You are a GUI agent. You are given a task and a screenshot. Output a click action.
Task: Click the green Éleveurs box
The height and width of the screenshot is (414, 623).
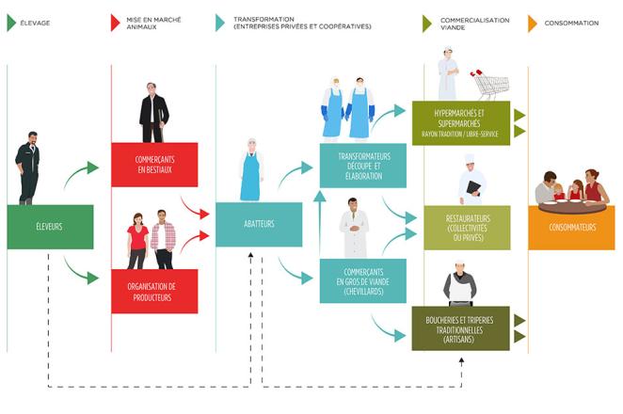click(50, 227)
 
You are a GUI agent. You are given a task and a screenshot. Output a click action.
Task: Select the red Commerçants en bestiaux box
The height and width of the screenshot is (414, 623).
click(154, 165)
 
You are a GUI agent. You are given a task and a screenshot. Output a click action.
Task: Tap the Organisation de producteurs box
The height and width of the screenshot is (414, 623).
click(154, 291)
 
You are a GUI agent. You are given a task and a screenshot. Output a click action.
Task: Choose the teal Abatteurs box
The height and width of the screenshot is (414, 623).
click(259, 225)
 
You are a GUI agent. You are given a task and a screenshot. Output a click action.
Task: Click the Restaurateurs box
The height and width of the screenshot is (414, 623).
click(459, 227)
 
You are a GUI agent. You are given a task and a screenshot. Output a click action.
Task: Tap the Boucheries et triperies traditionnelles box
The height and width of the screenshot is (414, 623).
click(459, 327)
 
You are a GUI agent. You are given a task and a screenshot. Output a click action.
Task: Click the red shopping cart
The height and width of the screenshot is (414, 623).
click(486, 84)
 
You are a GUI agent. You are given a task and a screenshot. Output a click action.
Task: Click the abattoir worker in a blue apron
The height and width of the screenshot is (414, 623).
click(250, 169)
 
